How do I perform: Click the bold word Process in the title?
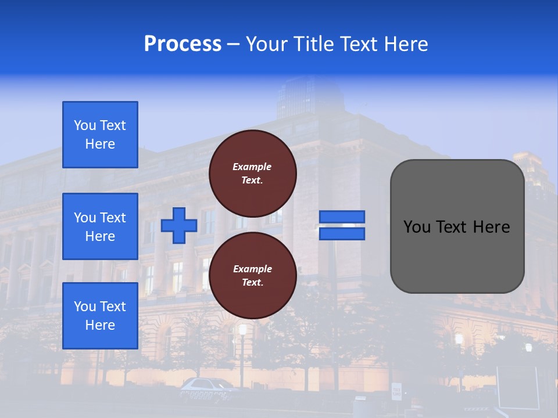pyautogui.click(x=183, y=44)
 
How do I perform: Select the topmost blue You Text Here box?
pyautogui.click(x=100, y=135)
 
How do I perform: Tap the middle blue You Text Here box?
pyautogui.click(x=100, y=226)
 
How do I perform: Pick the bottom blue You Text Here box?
pyautogui.click(x=100, y=315)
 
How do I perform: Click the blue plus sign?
pyautogui.click(x=178, y=226)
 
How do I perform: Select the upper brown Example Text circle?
pyautogui.click(x=252, y=173)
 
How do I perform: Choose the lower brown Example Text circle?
pyautogui.click(x=252, y=275)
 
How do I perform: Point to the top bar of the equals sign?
pyautogui.click(x=342, y=217)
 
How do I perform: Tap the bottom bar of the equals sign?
pyautogui.click(x=342, y=233)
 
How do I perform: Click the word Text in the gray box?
pyautogui.click(x=457, y=227)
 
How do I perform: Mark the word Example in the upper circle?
pyautogui.click(x=252, y=167)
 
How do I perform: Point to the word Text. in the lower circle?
pyautogui.click(x=252, y=283)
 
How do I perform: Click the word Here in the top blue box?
pyautogui.click(x=100, y=144)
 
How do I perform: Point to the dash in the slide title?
pyautogui.click(x=233, y=45)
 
